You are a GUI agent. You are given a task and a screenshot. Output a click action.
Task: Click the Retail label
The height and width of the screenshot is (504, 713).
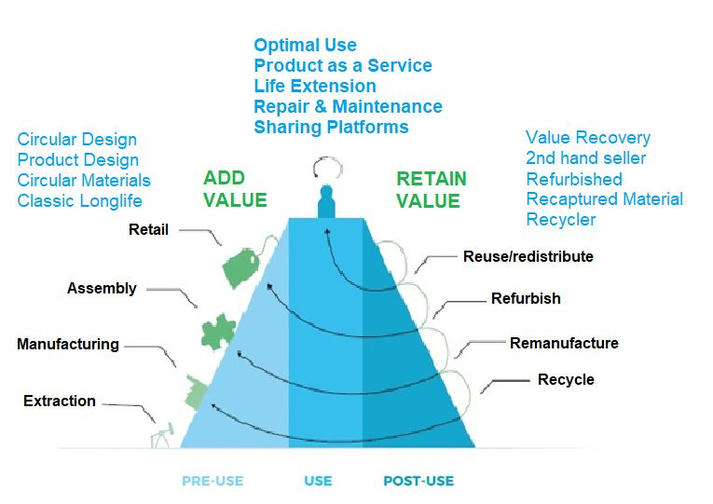tap(149, 229)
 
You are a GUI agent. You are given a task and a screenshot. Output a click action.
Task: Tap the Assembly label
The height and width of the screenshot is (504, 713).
tap(102, 289)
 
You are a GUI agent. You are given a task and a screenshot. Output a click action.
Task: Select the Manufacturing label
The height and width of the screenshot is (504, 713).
tap(68, 345)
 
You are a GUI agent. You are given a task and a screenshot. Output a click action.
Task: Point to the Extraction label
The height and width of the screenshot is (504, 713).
tap(60, 401)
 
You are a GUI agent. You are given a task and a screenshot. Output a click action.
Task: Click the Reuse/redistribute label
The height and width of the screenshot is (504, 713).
tap(528, 256)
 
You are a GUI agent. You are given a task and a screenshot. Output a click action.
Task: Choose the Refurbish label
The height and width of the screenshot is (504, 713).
tap(526, 299)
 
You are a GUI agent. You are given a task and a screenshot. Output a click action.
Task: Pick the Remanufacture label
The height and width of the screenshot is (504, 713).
tap(564, 343)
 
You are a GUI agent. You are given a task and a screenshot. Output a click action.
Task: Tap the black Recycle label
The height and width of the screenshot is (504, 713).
tap(566, 379)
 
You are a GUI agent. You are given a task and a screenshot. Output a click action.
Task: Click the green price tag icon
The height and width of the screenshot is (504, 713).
tap(240, 267)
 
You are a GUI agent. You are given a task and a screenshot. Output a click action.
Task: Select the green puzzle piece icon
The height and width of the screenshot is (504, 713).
tap(218, 333)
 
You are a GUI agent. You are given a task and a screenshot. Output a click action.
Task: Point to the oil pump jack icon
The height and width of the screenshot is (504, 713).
tap(162, 436)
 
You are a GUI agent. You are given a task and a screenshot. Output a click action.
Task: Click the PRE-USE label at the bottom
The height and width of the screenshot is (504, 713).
tap(213, 481)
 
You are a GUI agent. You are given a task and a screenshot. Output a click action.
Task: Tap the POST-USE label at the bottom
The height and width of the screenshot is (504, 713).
tap(418, 481)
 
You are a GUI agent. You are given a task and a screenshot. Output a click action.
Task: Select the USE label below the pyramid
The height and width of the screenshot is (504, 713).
tap(319, 481)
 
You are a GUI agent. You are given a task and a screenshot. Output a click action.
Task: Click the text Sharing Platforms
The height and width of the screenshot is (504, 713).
tap(331, 128)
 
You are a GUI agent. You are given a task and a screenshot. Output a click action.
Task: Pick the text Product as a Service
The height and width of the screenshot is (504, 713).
tap(343, 65)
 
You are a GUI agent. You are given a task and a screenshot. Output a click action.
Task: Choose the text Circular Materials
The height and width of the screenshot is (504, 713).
tap(84, 181)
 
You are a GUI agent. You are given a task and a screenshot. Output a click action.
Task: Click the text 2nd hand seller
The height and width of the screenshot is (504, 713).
tap(585, 158)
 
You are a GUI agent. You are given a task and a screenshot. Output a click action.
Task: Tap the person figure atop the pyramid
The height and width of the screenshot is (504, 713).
tap(326, 201)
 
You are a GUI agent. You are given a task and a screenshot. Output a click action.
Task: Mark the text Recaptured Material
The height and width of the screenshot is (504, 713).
tap(605, 199)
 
